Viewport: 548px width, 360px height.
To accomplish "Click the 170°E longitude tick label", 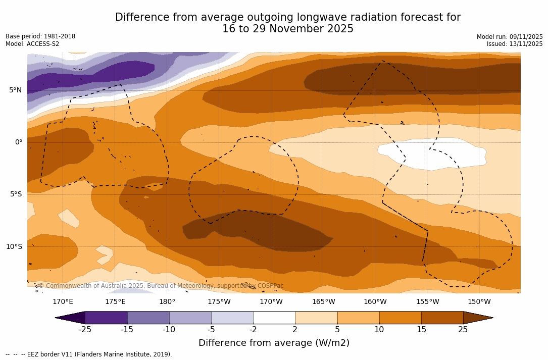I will pos(63,302).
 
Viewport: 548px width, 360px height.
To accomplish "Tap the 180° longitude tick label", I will pos(167,302).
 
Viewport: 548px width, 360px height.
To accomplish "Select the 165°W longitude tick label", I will pos(323,302).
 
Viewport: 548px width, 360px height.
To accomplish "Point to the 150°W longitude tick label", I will pos(479,302).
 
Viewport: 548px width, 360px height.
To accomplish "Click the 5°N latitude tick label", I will pos(15,90).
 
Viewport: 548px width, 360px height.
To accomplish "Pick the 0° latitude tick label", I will pos(18,142).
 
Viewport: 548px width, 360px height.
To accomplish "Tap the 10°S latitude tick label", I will pos(14,246).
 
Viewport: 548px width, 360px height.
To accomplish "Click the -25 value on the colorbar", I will pos(85,330).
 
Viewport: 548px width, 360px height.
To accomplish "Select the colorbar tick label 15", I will pos(421,330).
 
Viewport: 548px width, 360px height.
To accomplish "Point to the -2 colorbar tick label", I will pos(253,330).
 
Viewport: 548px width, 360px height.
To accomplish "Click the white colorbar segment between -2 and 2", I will pos(274,318).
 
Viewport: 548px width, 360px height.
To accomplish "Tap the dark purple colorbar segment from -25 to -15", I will pos(106,318).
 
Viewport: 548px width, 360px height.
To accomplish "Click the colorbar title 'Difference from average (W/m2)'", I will pos(274,343).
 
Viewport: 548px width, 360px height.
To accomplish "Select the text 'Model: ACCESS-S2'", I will pos(32,44).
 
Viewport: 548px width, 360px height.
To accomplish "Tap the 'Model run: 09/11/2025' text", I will pos(510,37).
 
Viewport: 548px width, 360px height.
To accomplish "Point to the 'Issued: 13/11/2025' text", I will pos(515,44).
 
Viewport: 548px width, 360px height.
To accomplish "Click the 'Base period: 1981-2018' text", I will pos(40,36).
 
